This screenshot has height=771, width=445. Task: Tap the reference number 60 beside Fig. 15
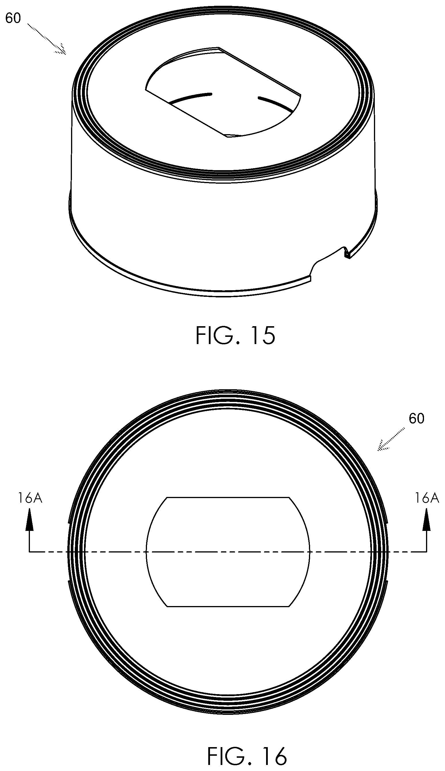point(13,19)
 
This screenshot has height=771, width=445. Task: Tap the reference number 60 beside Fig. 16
point(416,419)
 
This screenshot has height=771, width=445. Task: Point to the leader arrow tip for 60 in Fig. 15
point(66,54)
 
